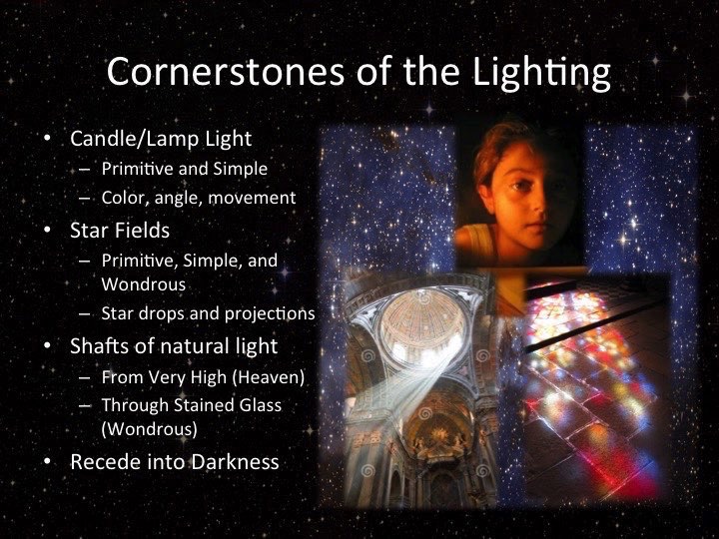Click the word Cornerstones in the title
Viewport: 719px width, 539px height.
(225, 72)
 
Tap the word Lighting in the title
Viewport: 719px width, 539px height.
(541, 73)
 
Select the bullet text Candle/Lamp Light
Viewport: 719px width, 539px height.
(161, 139)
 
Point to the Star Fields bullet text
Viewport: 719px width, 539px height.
(120, 231)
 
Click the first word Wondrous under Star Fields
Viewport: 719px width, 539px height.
(144, 284)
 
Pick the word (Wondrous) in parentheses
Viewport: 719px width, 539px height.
(150, 429)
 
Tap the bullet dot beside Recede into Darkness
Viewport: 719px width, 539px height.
(47, 461)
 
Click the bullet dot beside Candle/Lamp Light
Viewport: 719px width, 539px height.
(47, 138)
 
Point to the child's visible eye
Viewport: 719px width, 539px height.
(517, 186)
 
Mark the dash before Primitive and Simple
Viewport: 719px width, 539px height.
(84, 169)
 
